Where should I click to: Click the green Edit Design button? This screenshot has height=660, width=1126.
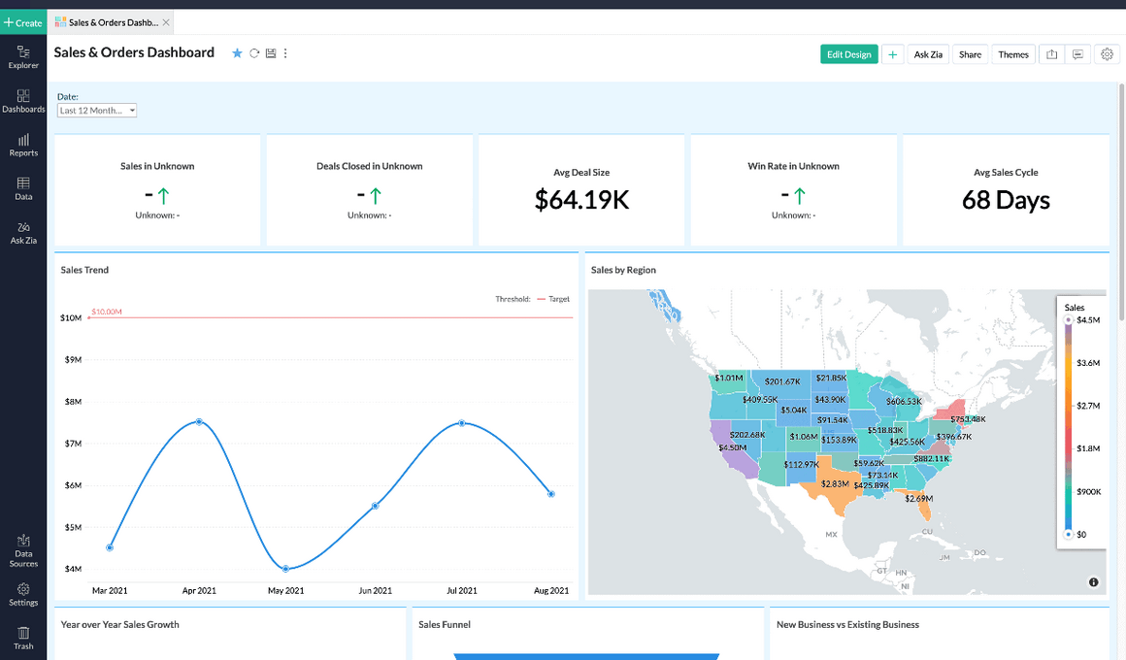[848, 54]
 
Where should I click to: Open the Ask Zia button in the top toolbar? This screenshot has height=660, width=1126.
[928, 54]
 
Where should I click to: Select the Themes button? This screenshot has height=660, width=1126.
[1012, 54]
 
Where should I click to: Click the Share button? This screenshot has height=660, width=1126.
[970, 54]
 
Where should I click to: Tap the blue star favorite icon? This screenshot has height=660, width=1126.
[237, 53]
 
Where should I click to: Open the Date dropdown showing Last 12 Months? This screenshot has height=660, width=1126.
[97, 111]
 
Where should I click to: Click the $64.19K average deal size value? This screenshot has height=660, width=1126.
[581, 200]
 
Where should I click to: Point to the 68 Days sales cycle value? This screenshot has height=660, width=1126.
[1006, 200]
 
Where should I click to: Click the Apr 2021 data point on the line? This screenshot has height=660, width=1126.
[199, 421]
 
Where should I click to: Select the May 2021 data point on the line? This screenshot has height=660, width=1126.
[285, 568]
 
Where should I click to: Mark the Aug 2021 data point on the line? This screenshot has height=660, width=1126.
[550, 494]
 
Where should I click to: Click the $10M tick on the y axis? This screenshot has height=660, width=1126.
[70, 317]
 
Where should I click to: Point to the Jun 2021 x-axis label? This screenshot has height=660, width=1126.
[375, 590]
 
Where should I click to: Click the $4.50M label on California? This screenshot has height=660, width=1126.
[732, 447]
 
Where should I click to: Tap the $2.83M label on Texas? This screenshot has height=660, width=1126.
[835, 483]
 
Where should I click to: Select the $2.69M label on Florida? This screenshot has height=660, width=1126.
[918, 498]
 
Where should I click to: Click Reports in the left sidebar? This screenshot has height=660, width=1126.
[23, 145]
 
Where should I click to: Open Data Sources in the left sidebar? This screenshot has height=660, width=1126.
[23, 549]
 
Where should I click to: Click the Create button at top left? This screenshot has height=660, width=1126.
[23, 22]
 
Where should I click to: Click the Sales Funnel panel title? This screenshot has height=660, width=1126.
[445, 625]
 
